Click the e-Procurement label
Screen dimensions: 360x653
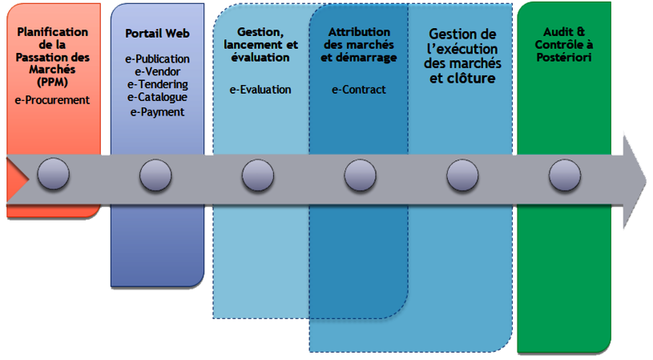[52, 100]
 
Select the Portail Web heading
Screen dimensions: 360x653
[157, 34]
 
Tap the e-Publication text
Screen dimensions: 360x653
[157, 59]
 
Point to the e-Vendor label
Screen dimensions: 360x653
[158, 72]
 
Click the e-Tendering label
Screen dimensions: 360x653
[157, 84]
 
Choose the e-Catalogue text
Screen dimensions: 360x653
[157, 97]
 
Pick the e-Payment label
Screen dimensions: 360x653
[157, 111]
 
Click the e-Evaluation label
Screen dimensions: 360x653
[260, 90]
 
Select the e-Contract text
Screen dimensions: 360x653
[359, 90]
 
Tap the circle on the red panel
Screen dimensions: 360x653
[54, 174]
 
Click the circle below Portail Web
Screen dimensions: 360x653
[155, 174]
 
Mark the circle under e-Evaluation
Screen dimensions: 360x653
[258, 174]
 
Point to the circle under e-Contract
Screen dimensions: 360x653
[361, 174]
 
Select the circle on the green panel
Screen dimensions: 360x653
[565, 174]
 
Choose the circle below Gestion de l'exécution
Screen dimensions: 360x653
[462, 174]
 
